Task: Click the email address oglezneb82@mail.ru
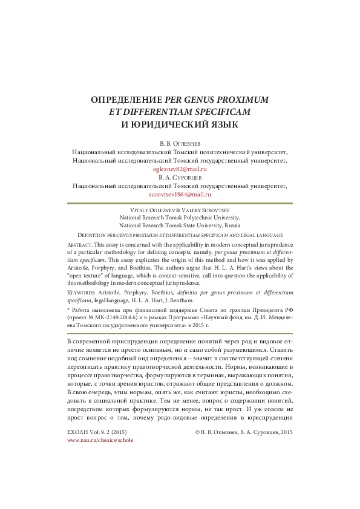click(x=179, y=170)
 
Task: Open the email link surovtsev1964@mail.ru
click(x=179, y=196)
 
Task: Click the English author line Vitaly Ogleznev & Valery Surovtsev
click(x=179, y=208)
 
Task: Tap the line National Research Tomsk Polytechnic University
click(x=179, y=216)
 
